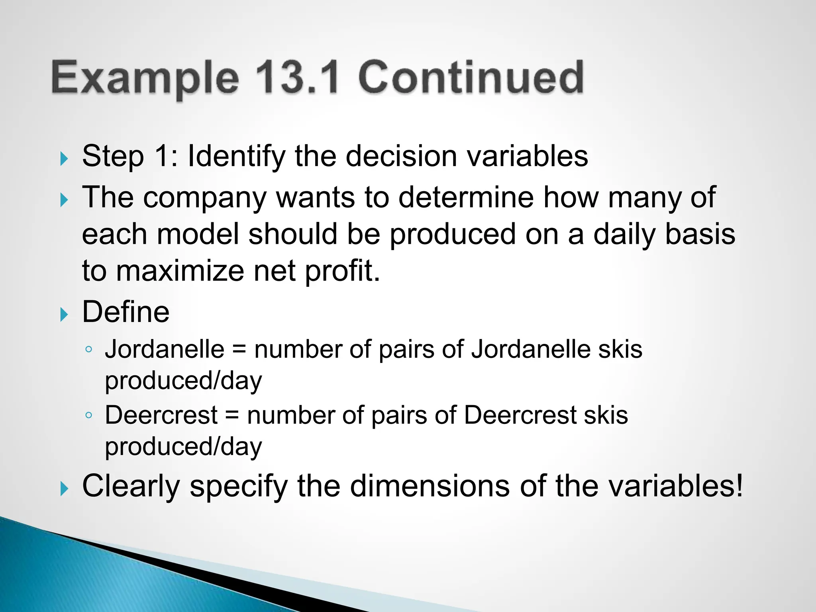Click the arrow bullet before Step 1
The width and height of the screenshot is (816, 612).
coord(64,159)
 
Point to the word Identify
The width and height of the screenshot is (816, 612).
coord(236,157)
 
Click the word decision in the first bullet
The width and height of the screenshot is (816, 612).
coord(401,156)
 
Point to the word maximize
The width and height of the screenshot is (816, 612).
coord(180,271)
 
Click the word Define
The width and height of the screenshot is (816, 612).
coord(126,312)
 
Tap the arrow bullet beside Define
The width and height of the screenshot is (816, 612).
coord(64,315)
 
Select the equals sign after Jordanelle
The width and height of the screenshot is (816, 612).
coord(239,349)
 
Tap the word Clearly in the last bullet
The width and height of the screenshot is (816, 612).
coord(131,486)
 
